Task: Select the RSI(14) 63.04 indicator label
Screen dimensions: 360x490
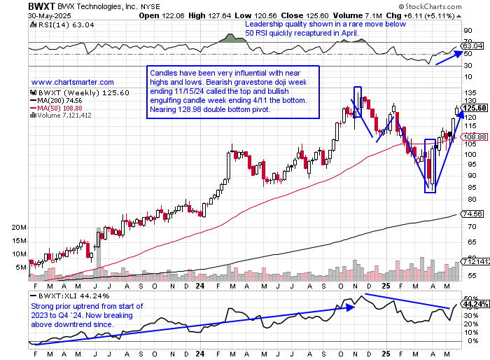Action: click(x=57, y=26)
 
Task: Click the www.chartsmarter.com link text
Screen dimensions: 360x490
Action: click(x=73, y=82)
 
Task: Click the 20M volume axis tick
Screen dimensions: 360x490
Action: click(x=19, y=228)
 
